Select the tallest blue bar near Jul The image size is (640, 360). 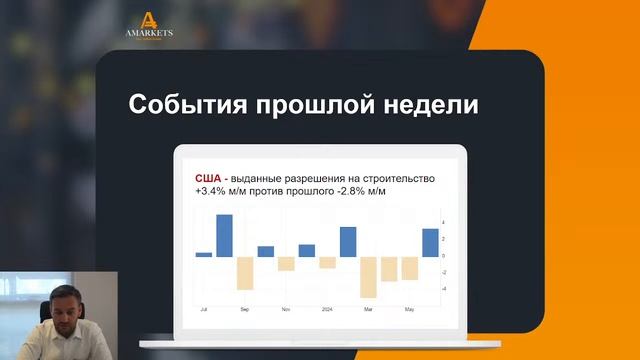coord(224,235)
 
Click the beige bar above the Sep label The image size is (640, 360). coord(245,273)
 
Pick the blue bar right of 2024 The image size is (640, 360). coord(348,241)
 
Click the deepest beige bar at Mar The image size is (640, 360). coord(368,277)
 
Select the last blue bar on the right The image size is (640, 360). coord(430,242)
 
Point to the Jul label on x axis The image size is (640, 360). coord(203,308)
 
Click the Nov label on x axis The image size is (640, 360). coord(285,308)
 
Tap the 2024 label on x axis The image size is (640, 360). coord(327,308)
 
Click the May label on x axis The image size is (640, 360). coord(410,308)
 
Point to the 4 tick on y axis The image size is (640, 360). coord(443,222)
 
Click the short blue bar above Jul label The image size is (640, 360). coord(204,254)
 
